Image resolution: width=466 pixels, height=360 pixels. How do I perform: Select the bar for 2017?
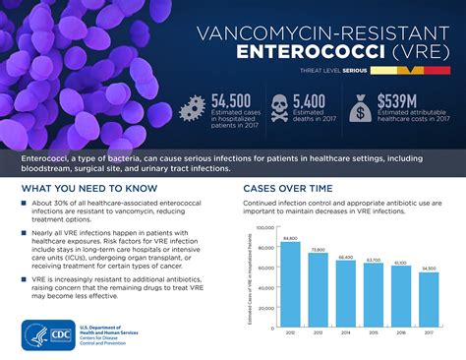click(430, 299)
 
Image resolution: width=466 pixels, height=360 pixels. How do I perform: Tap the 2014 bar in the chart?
click(345, 292)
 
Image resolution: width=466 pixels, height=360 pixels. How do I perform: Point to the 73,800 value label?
click(317, 252)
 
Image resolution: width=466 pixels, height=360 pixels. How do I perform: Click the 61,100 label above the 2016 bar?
click(401, 264)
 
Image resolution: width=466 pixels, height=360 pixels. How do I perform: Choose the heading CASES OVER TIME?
click(291, 186)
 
